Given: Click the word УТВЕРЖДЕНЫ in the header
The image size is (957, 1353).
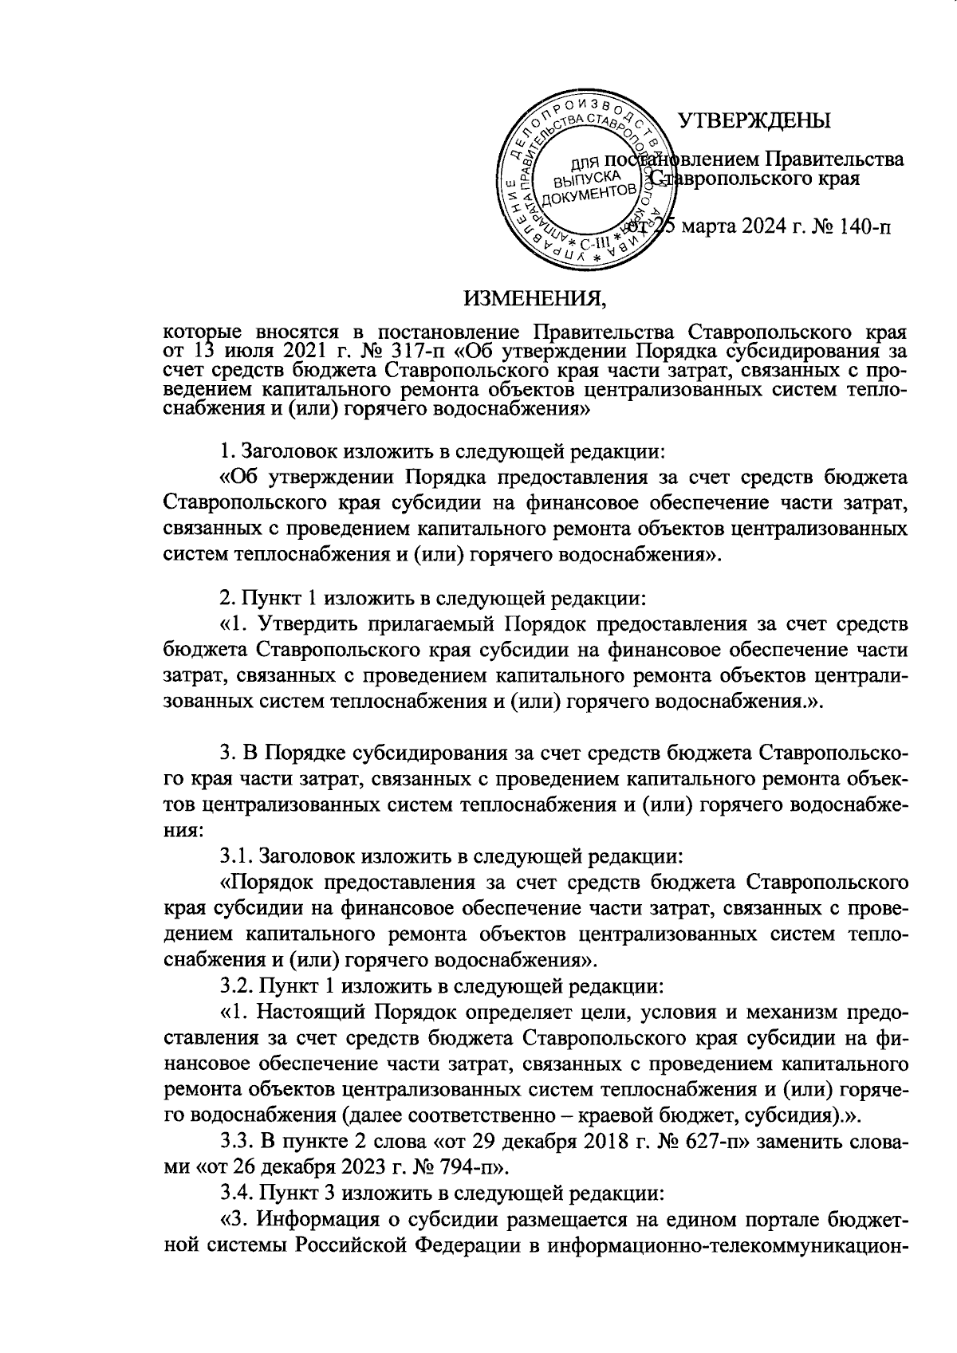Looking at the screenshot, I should point(754,120).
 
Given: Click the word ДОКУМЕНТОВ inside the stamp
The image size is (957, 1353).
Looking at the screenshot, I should point(589,193).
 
